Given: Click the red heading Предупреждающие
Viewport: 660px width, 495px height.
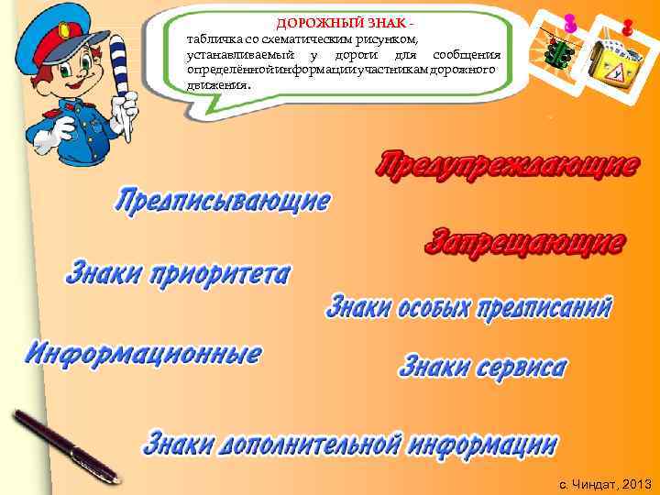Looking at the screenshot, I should point(507,165).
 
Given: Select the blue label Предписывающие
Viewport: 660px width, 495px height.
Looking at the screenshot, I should point(223,200).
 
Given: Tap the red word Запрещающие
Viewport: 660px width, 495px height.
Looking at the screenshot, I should point(526,242).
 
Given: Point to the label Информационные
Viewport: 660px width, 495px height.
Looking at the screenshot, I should point(143,353).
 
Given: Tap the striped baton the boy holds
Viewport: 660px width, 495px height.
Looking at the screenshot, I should point(125,87).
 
